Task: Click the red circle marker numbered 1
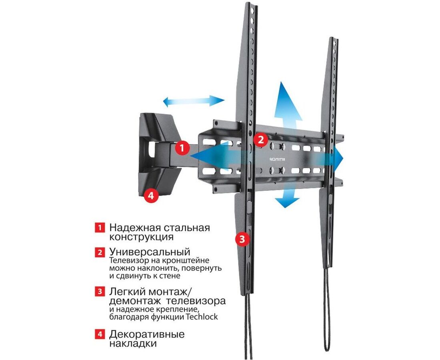pyautogui.click(x=182, y=147)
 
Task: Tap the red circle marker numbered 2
pyautogui.click(x=261, y=139)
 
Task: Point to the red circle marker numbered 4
pyautogui.click(x=151, y=195)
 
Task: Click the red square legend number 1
pyautogui.click(x=100, y=227)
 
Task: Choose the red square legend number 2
pyautogui.click(x=100, y=252)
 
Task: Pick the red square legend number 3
pyautogui.click(x=100, y=291)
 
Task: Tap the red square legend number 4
pyautogui.click(x=100, y=334)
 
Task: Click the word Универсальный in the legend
pyautogui.click(x=150, y=252)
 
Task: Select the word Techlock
pyautogui.click(x=202, y=317)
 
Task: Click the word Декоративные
pyautogui.click(x=147, y=334)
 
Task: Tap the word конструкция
pyautogui.click(x=141, y=237)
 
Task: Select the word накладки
pyautogui.click(x=133, y=344)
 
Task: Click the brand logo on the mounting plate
pyautogui.click(x=277, y=159)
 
